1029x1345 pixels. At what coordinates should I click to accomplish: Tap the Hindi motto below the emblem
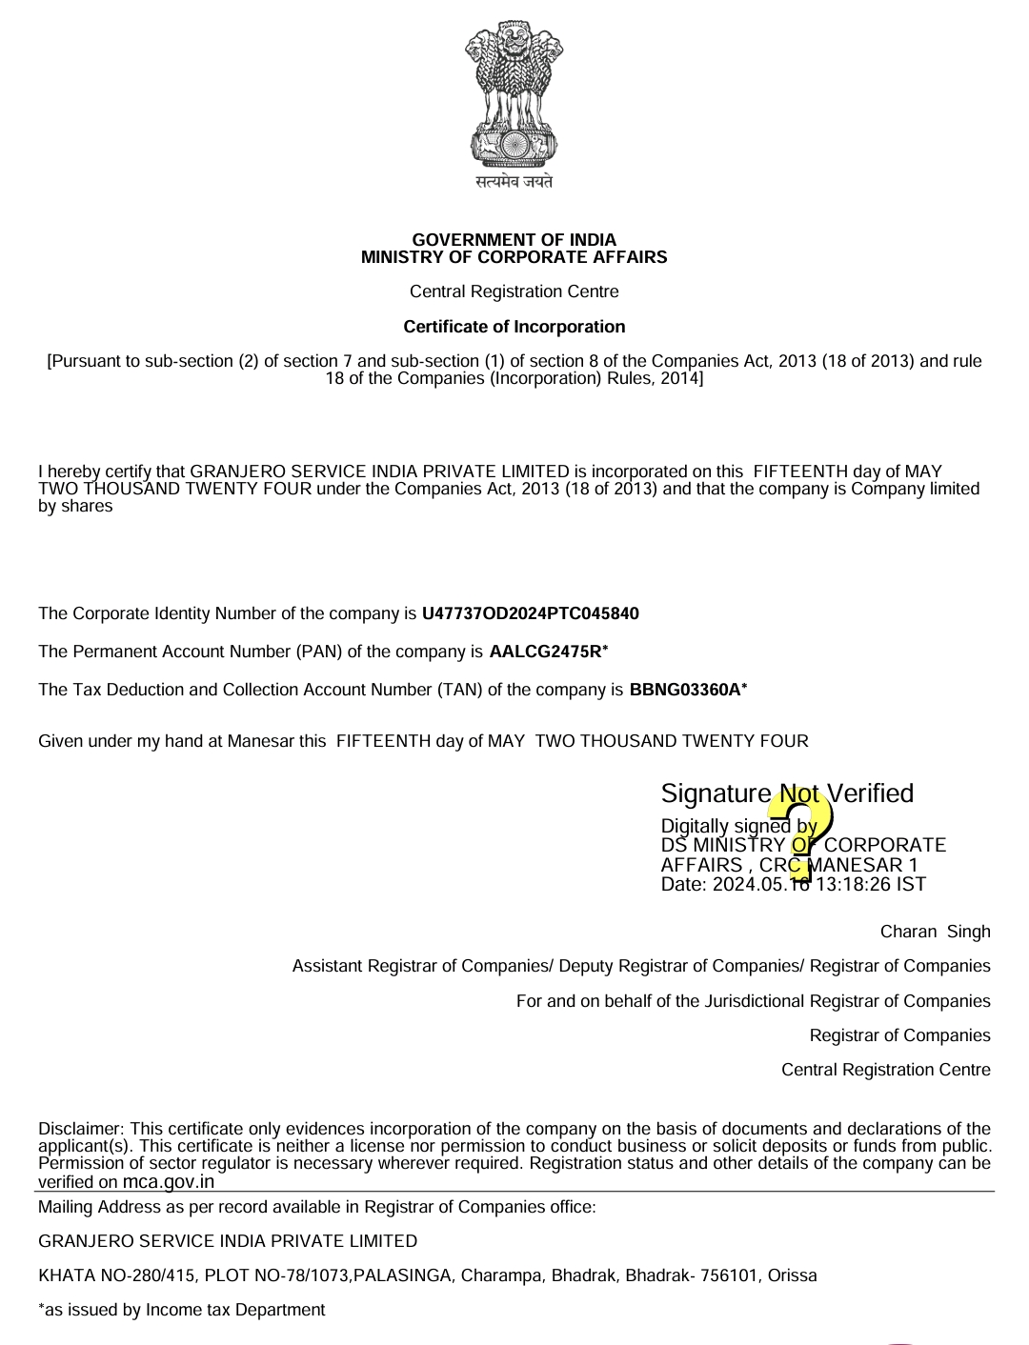[x=514, y=181]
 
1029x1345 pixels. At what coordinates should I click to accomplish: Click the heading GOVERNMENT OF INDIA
[x=514, y=240]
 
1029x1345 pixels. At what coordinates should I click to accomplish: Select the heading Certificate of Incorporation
[x=514, y=327]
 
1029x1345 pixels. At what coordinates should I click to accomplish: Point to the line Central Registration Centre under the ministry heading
[x=514, y=291]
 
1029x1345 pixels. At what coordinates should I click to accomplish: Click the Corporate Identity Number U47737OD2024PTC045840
[x=530, y=613]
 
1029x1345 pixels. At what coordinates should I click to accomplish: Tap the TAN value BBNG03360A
[x=685, y=690]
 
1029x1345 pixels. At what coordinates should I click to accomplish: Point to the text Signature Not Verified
[x=787, y=793]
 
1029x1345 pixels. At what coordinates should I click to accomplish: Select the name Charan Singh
[x=935, y=932]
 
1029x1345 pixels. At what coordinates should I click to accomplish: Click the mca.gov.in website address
[x=169, y=1182]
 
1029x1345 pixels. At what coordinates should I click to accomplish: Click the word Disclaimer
[x=80, y=1129]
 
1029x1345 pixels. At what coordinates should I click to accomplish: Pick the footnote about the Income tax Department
[x=182, y=1310]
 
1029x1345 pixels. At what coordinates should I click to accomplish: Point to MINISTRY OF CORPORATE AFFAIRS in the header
[x=514, y=257]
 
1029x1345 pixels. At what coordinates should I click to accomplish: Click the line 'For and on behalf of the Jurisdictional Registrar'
[x=753, y=1001]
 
